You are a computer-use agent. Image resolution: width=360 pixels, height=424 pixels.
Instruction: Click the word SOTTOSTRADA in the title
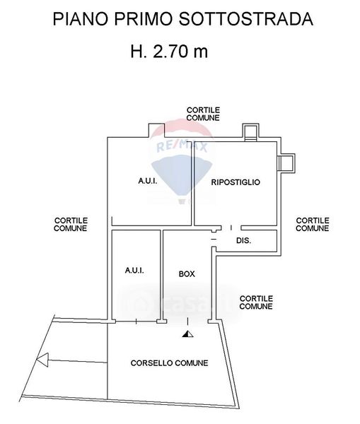point(245,19)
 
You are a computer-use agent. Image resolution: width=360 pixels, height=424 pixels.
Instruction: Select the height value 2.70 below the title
point(170,51)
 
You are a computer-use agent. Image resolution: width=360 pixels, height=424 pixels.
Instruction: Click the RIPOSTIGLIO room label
point(236,182)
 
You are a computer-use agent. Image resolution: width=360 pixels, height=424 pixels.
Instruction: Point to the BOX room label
point(187,274)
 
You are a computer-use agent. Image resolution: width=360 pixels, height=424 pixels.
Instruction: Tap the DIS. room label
point(243,240)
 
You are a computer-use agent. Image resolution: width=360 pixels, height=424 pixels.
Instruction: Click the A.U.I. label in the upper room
point(148,181)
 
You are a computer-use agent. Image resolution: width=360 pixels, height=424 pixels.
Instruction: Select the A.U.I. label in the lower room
point(134,270)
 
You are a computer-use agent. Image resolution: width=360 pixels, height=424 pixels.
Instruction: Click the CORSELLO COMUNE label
point(170,363)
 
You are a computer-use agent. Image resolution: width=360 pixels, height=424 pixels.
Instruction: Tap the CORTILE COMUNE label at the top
point(203,114)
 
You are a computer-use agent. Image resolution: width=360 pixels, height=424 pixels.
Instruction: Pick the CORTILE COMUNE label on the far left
point(71,225)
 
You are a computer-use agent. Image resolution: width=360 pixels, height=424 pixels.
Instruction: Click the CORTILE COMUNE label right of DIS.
point(313,225)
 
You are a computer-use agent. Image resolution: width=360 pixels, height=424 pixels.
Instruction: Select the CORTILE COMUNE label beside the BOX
point(256,302)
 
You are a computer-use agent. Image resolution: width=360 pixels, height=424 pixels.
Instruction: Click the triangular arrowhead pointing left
point(42,360)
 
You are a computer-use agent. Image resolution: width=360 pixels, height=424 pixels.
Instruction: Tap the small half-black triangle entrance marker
point(187,334)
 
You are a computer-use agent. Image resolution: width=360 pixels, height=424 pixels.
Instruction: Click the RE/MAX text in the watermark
point(182,146)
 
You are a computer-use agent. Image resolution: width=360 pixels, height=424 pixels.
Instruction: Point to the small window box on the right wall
point(286,163)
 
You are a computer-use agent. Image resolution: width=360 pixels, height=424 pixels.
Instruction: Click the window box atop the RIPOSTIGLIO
point(250,132)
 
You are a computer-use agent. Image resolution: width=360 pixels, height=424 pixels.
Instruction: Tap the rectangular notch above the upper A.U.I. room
point(156,131)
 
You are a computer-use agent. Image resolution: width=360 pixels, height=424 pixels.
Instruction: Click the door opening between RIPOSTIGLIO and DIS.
point(231,228)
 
